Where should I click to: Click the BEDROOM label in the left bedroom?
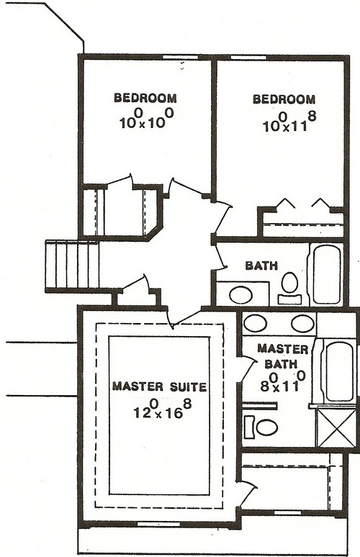145,98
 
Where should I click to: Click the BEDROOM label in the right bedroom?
284,99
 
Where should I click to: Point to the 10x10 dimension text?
145,119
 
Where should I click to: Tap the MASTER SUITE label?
159,387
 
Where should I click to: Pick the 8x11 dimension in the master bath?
276,381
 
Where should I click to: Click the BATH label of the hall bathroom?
261,266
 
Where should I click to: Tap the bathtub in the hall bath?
327,274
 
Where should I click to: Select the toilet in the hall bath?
290,285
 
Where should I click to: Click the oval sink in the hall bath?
240,294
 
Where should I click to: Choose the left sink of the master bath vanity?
256,323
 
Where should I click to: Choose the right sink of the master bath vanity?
302,323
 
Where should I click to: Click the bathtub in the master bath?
339,371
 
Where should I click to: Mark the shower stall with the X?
336,429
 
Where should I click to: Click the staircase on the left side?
72,264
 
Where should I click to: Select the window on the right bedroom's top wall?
248,57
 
